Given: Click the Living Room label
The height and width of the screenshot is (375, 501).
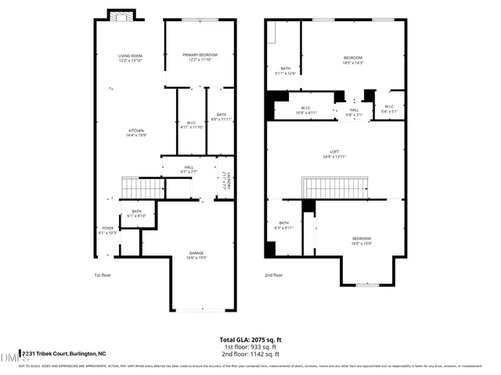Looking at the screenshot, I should (130, 58).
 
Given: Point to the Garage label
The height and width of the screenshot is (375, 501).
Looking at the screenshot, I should (196, 255).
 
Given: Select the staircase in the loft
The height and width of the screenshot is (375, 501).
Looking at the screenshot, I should (334, 188).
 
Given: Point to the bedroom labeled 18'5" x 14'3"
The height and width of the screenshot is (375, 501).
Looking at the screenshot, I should (353, 60).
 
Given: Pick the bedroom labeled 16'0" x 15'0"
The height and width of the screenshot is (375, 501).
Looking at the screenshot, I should (361, 241).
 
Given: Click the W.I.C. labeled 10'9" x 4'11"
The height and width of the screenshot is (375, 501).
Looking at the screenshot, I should (306, 110).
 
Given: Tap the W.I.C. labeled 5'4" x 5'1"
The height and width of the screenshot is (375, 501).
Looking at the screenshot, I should (388, 110).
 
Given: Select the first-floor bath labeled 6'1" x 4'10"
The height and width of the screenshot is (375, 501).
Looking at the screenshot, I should (136, 213).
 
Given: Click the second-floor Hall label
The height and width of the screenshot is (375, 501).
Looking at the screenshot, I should (354, 112).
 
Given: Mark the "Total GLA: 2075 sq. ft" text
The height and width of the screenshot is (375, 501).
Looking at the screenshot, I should (250, 341).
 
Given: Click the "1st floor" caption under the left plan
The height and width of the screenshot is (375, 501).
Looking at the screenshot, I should (103, 276).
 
